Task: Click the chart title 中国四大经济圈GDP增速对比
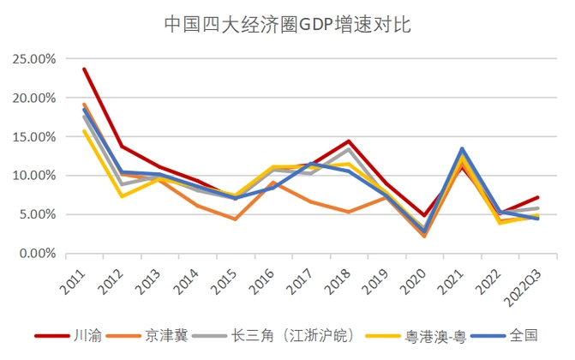coord(287,24)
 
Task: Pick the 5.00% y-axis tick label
coord(37,214)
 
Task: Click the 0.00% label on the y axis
coord(37,254)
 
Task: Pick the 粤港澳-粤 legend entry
coord(436,336)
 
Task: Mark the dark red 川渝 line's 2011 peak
coord(84,69)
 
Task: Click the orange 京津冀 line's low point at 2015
coord(235,219)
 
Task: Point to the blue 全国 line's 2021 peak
coord(462,149)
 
